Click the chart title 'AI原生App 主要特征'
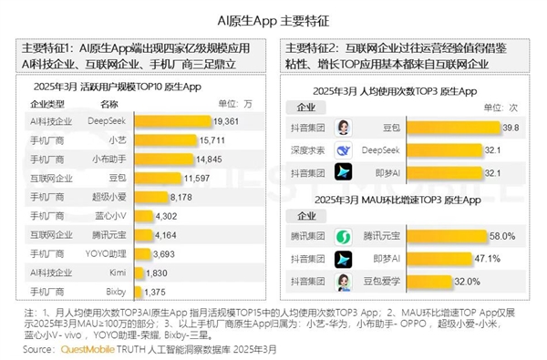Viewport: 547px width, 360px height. point(273,17)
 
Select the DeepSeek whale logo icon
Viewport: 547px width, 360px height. point(345,149)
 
